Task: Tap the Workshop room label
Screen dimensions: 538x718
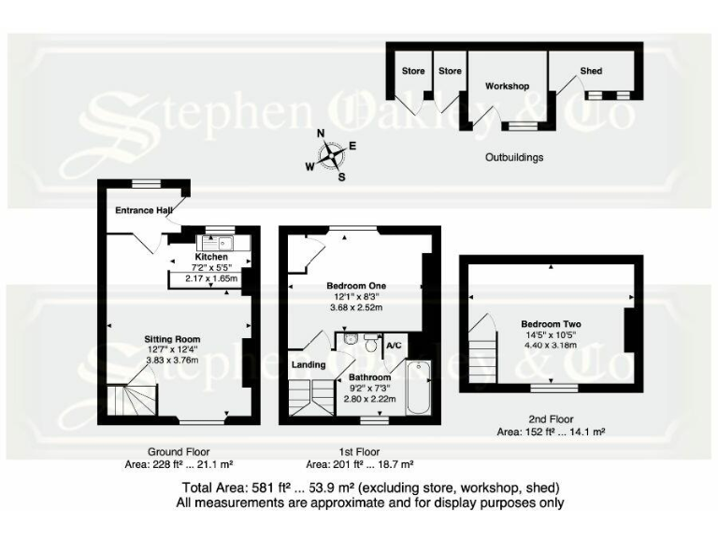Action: [507, 86]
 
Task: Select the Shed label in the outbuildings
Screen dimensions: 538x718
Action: [591, 71]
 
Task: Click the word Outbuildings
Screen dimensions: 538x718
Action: [514, 158]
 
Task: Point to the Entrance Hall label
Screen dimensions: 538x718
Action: [143, 210]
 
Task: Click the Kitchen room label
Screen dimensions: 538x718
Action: [211, 256]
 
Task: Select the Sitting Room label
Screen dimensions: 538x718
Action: [172, 339]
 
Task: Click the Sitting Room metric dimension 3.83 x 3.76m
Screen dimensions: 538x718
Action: [172, 361]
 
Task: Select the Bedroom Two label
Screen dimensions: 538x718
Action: [552, 325]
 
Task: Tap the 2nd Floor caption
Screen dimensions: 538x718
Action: [550, 419]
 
